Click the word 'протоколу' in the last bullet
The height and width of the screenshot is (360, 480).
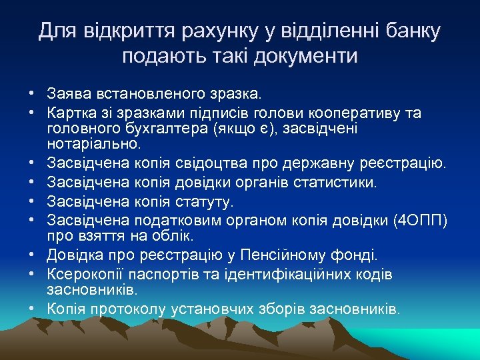click(x=144, y=309)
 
